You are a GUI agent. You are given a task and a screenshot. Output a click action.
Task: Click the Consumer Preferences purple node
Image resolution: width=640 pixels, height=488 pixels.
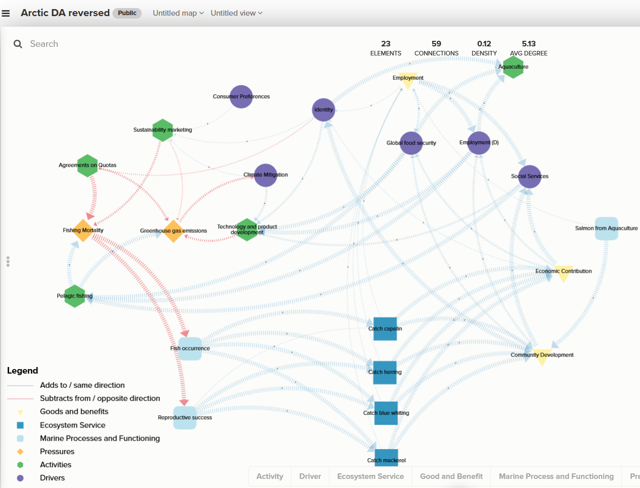click(x=241, y=96)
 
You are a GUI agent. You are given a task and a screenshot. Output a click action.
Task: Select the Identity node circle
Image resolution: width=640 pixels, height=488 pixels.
click(x=323, y=109)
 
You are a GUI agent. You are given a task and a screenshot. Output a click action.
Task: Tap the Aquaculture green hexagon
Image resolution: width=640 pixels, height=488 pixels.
click(x=513, y=67)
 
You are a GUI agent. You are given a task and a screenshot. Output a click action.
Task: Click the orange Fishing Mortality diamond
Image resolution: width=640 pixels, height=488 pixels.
click(x=83, y=230)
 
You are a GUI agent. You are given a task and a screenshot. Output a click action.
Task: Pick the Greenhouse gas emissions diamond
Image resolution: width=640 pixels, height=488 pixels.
click(x=173, y=231)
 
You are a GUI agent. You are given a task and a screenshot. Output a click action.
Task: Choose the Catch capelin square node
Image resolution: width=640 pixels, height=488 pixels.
click(x=385, y=329)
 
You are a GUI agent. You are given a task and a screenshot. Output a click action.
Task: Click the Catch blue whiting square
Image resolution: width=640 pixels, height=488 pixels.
click(x=386, y=413)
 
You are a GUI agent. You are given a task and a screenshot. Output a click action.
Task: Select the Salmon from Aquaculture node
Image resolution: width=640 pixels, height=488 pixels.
click(x=606, y=228)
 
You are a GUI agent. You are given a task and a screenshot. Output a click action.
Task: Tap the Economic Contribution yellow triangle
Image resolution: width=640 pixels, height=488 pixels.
click(x=563, y=273)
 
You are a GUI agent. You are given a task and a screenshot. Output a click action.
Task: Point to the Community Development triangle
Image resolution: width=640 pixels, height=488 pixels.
click(x=542, y=356)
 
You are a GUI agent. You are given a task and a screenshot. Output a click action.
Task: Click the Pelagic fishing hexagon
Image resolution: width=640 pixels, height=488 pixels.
click(x=75, y=296)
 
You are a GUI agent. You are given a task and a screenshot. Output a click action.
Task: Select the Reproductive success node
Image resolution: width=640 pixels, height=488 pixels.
click(x=185, y=418)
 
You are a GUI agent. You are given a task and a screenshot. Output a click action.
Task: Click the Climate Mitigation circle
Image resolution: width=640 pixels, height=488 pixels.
click(x=266, y=175)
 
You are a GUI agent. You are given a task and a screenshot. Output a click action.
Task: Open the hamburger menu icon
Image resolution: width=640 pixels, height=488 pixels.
click(x=6, y=13)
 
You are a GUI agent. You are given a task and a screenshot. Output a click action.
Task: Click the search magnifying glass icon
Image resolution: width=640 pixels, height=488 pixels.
click(x=18, y=44)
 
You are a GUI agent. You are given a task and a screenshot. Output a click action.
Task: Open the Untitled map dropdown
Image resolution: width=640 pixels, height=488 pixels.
click(x=178, y=13)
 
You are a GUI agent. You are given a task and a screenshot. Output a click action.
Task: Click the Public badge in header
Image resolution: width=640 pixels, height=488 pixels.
click(x=127, y=13)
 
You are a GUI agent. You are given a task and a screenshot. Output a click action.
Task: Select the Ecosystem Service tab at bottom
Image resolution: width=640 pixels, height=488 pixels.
click(x=370, y=476)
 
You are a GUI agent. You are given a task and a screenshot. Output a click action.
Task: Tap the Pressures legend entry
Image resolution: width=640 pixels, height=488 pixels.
click(x=57, y=452)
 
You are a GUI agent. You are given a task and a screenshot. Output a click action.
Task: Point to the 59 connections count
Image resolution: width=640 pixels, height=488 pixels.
click(x=436, y=44)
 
